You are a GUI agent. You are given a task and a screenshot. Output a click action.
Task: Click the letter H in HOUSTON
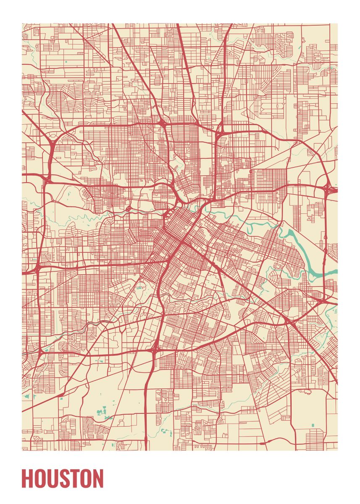(27, 479)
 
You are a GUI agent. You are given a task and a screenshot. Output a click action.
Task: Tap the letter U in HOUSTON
(53, 479)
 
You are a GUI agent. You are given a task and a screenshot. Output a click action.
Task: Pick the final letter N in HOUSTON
(97, 479)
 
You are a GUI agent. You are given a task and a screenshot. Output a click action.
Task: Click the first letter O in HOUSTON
(40, 479)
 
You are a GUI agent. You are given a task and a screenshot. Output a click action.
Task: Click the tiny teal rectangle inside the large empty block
(313, 425)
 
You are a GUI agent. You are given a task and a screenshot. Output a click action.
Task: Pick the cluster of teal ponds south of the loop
(101, 412)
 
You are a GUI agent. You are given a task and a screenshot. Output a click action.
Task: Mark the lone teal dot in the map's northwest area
(66, 62)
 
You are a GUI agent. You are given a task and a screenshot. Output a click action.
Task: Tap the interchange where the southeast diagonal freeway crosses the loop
(287, 322)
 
